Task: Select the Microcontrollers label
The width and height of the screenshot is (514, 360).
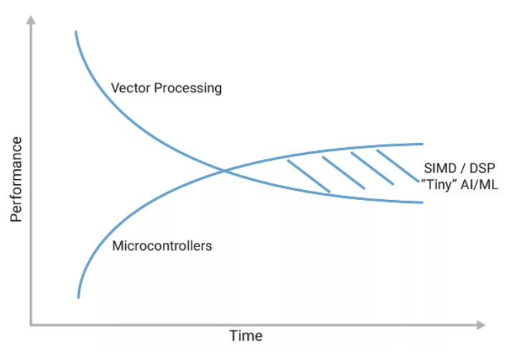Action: click(x=162, y=246)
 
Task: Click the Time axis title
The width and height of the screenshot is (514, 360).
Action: click(x=245, y=336)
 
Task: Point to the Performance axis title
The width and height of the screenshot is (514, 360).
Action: click(x=17, y=179)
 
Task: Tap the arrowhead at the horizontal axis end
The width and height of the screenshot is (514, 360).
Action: click(x=480, y=325)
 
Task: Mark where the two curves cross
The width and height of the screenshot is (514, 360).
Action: click(x=224, y=171)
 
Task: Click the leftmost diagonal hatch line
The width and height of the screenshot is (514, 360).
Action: click(x=308, y=176)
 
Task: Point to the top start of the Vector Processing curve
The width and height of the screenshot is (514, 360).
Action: click(x=75, y=31)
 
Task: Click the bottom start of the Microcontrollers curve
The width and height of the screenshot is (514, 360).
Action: click(x=78, y=296)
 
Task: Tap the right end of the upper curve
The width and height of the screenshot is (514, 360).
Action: click(x=423, y=144)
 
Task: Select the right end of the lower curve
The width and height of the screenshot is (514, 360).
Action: click(x=423, y=202)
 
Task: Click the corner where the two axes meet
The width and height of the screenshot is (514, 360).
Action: click(x=31, y=325)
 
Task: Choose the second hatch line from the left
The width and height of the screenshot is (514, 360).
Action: click(x=344, y=173)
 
